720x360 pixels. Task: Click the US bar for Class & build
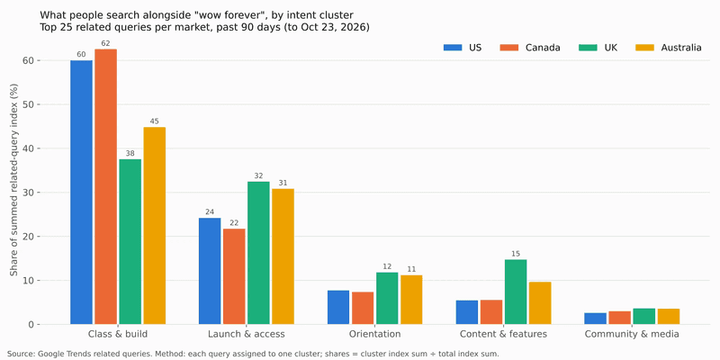81,193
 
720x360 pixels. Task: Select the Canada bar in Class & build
105,186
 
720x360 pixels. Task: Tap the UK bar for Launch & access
258,253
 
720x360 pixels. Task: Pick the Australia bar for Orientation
411,300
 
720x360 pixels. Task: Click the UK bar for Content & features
516,292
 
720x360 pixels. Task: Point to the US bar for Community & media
596,319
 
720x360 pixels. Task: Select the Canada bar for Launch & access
234,276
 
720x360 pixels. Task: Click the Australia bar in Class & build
154,226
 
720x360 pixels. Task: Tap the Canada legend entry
529,48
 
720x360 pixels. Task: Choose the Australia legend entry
668,48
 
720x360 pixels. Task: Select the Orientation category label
374,334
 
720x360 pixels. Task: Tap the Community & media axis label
632,334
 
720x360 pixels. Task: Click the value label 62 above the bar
105,43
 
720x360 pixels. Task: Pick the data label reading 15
516,254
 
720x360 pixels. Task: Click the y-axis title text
13,180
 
